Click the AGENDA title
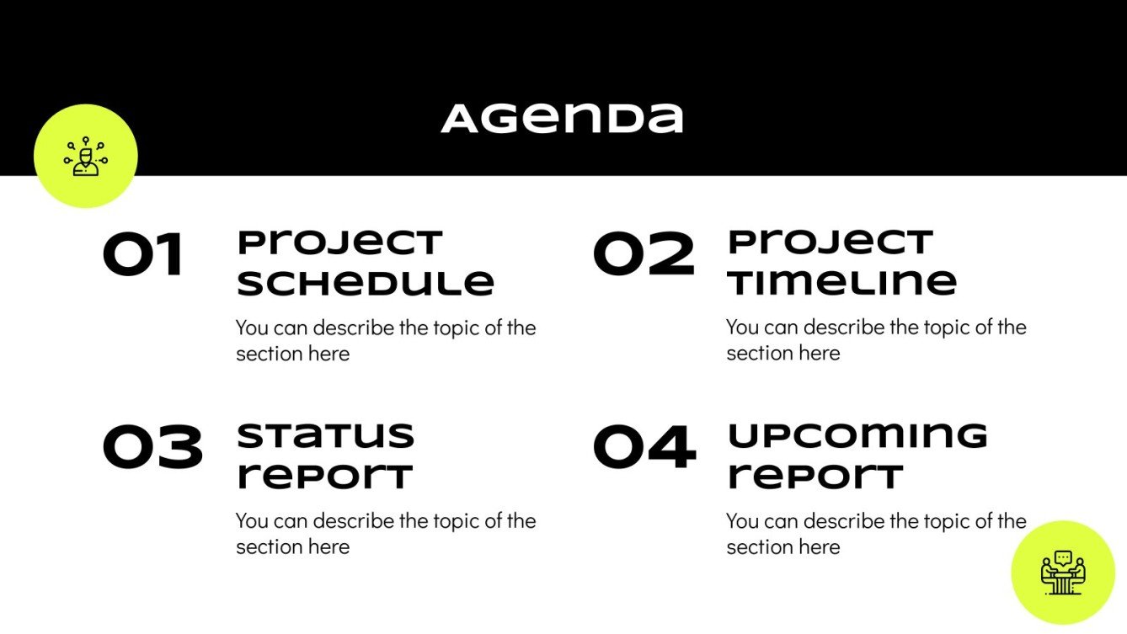[562, 119]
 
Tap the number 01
[143, 255]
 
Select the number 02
[644, 255]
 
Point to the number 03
[152, 448]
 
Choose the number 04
[644, 448]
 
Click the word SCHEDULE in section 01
[365, 283]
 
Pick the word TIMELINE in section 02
[841, 283]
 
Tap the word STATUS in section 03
[325, 436]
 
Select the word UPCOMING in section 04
[857, 436]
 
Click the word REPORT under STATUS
[324, 477]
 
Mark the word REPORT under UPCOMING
[815, 477]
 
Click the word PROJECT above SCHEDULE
[339, 243]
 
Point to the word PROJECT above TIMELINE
[830, 243]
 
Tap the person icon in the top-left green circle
[86, 157]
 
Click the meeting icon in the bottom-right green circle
[1063, 573]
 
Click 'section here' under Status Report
[292, 546]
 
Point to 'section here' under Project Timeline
[783, 353]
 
